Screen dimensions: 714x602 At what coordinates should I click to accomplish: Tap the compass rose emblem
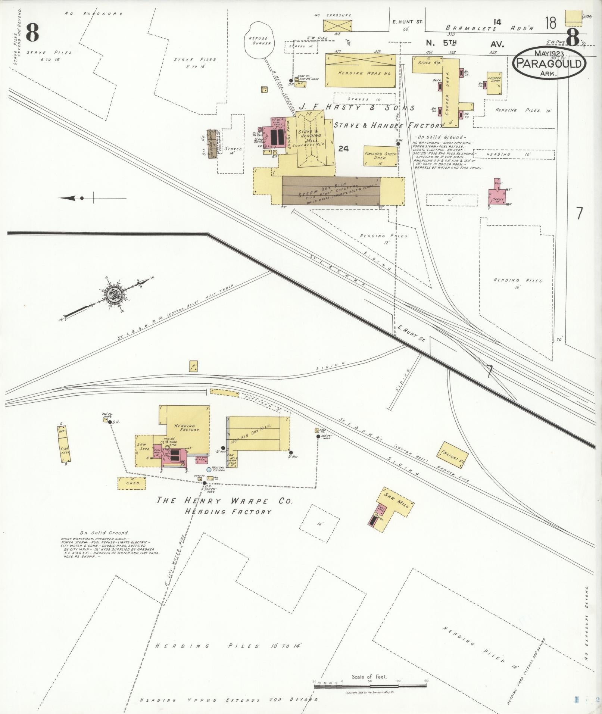click(x=112, y=295)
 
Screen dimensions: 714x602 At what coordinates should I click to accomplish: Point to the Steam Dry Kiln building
click(x=331, y=190)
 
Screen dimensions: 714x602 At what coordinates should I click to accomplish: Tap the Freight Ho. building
click(x=453, y=455)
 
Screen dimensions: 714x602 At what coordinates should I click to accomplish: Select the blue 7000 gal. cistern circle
click(x=209, y=470)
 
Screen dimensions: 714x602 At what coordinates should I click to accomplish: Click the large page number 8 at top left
click(x=32, y=33)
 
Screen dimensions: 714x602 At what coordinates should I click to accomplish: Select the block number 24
click(x=343, y=149)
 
